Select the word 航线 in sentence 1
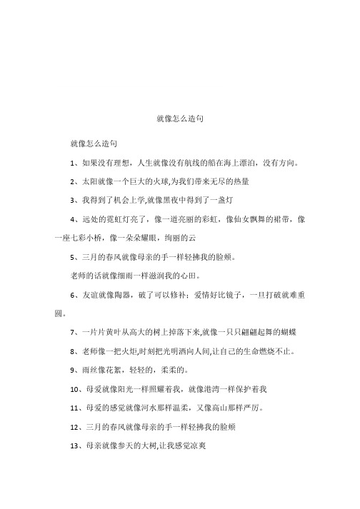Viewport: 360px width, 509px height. (199, 162)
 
